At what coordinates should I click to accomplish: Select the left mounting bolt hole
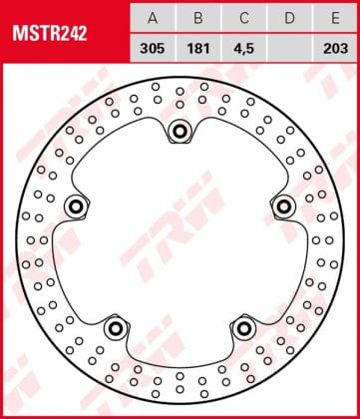pos(75,206)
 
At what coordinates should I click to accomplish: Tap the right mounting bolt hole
pos(284,206)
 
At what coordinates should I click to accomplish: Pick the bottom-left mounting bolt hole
pos(115,327)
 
